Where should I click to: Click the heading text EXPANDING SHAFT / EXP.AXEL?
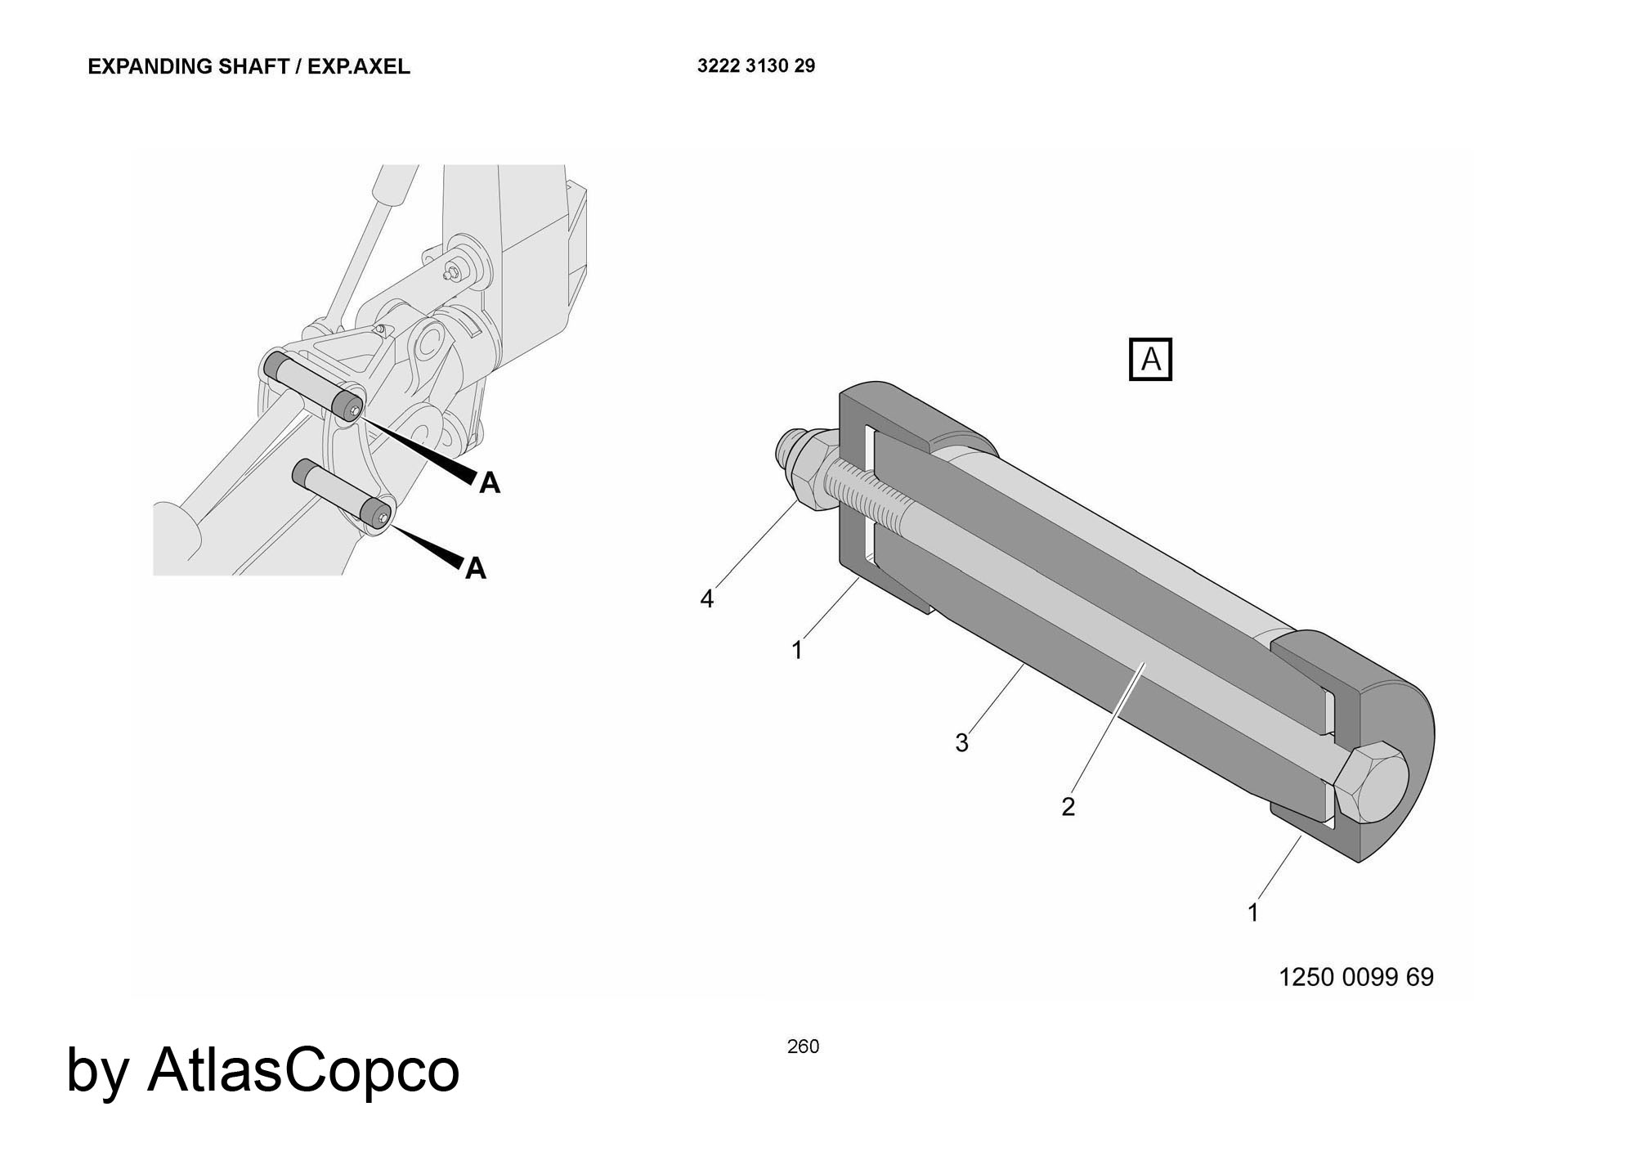[249, 66]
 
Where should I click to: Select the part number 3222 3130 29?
[756, 66]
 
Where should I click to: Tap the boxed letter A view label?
[1150, 360]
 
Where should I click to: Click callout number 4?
[707, 599]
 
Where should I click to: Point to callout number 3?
[962, 743]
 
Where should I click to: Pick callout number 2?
[1068, 807]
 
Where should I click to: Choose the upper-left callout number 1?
[797, 650]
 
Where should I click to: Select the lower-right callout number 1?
[1253, 912]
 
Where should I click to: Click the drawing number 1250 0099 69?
[1356, 977]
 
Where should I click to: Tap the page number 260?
[803, 1046]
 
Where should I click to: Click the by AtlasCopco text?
[262, 1070]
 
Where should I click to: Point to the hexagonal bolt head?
[1369, 783]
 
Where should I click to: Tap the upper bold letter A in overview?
[490, 483]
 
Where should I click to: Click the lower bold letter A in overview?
[476, 568]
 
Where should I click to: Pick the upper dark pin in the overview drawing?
[316, 384]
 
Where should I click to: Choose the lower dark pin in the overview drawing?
[343, 493]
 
